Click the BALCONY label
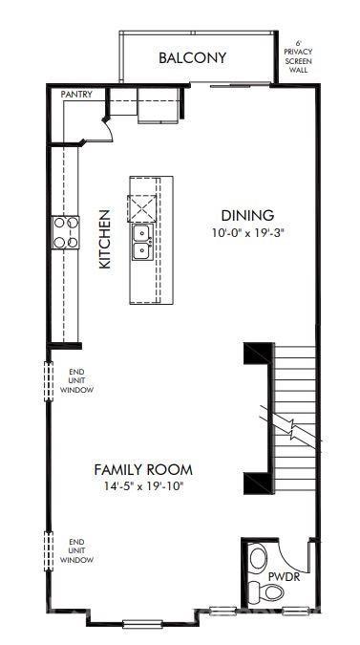pyautogui.click(x=192, y=58)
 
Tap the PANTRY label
pyautogui.click(x=75, y=95)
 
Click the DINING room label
pyautogui.click(x=247, y=215)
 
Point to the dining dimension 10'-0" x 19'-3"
pyautogui.click(x=248, y=232)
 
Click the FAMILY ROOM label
pyautogui.click(x=142, y=469)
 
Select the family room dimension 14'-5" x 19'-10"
pyautogui.click(x=142, y=485)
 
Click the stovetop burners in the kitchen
pyautogui.click(x=65, y=233)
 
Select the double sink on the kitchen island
pyautogui.click(x=141, y=242)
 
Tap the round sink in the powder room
pyautogui.click(x=257, y=557)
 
